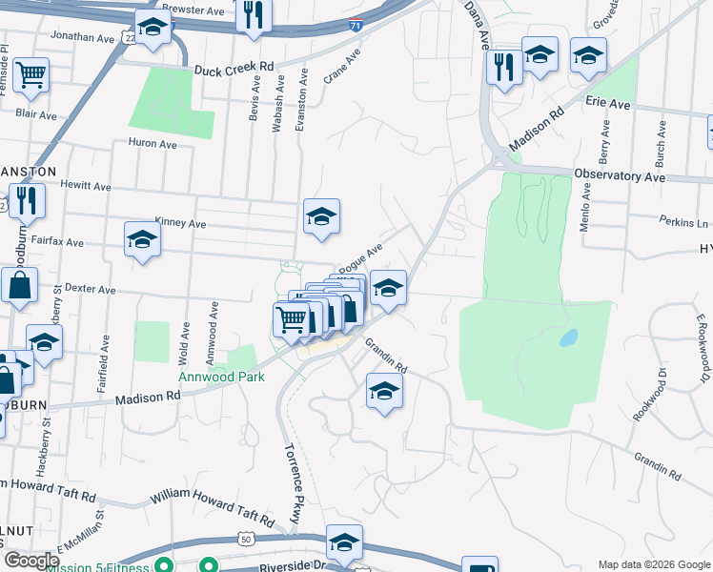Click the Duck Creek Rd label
234,70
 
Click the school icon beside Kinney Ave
321,217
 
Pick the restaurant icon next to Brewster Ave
253,14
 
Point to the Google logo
31,562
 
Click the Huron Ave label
153,145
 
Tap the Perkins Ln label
683,221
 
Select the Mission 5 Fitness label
104,568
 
